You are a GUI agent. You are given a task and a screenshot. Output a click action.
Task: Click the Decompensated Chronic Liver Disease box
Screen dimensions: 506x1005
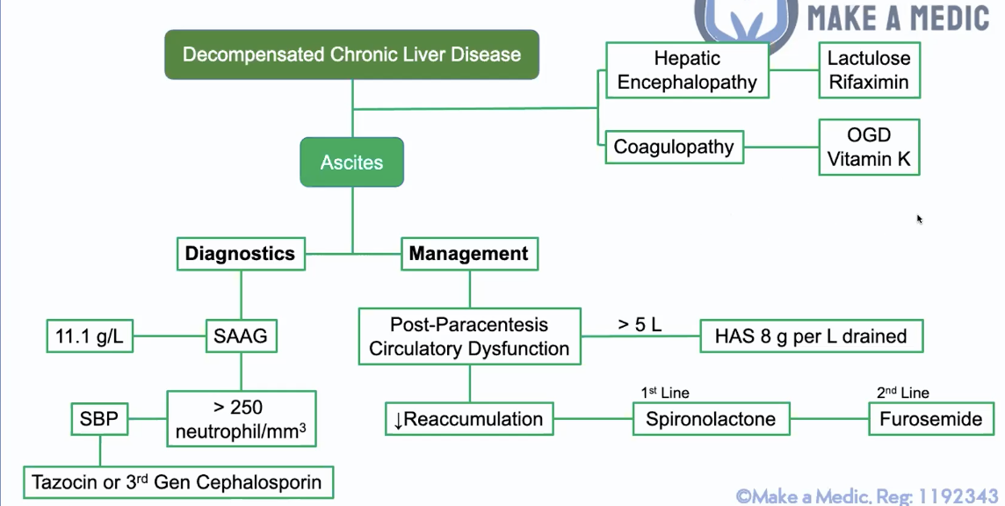351,54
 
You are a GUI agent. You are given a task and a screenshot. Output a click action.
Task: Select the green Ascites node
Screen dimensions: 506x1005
351,163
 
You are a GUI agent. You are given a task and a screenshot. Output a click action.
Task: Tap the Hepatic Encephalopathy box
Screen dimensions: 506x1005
687,71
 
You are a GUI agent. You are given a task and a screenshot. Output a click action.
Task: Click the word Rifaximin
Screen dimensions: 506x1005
869,83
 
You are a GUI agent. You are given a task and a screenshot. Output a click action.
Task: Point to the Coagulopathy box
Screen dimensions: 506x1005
674,147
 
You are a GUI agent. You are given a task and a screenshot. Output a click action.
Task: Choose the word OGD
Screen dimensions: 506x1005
869,135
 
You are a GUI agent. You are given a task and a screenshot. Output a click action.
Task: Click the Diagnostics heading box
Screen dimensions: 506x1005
240,254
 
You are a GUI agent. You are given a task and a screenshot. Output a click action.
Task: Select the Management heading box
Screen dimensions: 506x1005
469,254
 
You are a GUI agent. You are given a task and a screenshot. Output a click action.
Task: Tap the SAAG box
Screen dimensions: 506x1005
240,336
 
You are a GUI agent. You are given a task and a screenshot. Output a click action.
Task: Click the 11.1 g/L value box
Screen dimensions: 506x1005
90,336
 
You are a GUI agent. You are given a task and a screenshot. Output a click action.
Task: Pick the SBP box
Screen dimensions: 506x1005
98,419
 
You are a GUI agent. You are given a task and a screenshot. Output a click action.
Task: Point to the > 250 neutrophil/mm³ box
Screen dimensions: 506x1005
241,419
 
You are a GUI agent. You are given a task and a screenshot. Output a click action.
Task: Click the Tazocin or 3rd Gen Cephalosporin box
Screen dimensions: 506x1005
177,481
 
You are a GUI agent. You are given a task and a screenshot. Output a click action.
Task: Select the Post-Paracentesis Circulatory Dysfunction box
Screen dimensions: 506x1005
469,336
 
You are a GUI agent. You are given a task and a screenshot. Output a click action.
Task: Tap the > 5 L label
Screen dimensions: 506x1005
640,324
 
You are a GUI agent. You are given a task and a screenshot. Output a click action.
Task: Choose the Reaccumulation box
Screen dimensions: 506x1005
469,419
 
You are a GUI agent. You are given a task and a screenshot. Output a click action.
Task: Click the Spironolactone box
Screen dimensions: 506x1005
711,419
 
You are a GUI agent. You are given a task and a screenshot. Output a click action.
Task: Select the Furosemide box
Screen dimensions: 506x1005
930,419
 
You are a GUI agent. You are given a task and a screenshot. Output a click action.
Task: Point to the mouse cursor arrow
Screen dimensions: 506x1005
920,219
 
